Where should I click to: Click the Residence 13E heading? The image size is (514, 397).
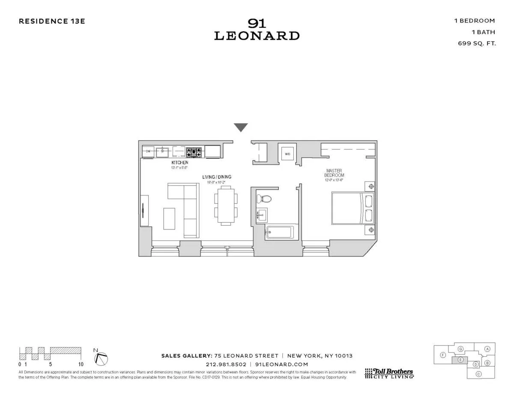(52, 21)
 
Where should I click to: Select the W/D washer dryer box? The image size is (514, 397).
(286, 154)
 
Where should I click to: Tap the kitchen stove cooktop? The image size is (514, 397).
(194, 152)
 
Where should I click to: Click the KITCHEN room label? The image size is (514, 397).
(179, 163)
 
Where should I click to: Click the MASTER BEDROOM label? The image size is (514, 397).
(335, 173)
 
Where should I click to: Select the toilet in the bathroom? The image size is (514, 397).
(264, 199)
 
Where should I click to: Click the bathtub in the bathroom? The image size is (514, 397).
(279, 233)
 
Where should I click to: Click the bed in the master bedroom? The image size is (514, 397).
(352, 209)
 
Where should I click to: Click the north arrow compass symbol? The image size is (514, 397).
(102, 359)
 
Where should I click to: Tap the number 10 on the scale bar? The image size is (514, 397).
(81, 364)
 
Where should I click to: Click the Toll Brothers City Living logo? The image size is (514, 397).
(389, 373)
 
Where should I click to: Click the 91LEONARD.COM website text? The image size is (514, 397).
(281, 364)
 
